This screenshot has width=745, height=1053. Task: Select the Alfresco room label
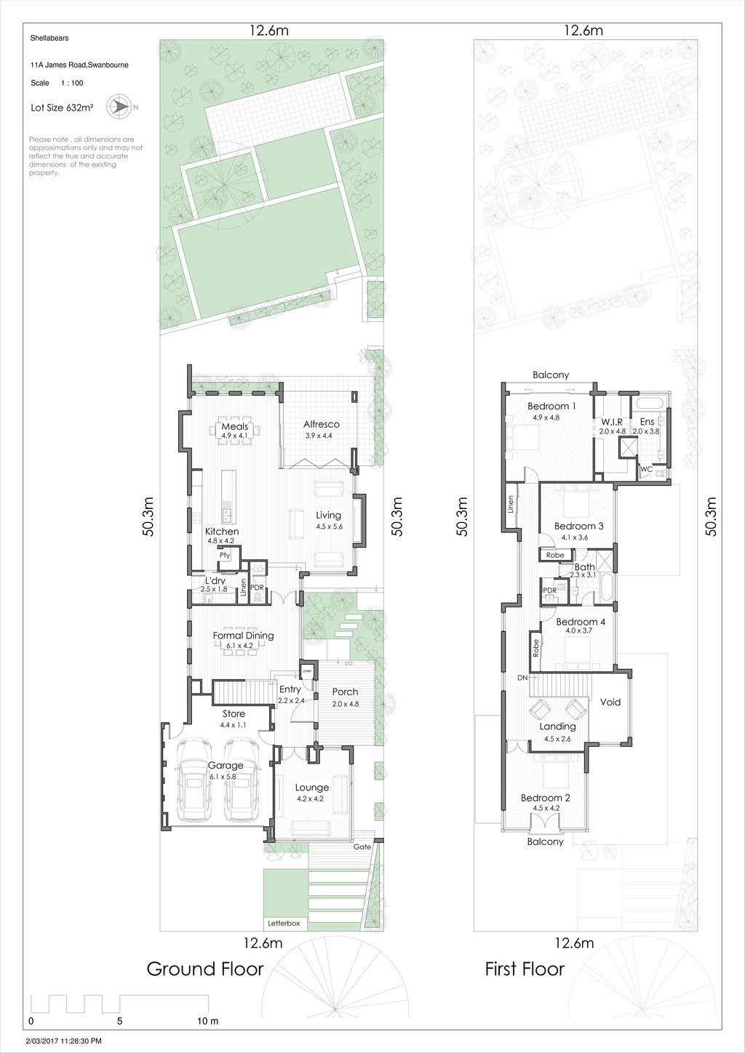321,424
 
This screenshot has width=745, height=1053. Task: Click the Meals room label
235,427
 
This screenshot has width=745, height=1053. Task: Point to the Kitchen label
221,532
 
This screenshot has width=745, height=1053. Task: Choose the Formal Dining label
243,636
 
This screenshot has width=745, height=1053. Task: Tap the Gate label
362,846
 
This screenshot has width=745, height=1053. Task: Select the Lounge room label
311,788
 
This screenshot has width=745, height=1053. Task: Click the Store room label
234,714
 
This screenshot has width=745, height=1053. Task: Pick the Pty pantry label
225,556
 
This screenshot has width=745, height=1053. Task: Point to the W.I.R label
611,422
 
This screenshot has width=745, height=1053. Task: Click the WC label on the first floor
646,470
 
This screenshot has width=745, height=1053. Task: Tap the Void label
610,702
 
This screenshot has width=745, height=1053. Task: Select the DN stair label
522,677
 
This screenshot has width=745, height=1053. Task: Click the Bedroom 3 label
578,526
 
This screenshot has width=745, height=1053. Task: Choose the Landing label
558,726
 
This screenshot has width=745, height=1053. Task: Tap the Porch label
345,692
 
